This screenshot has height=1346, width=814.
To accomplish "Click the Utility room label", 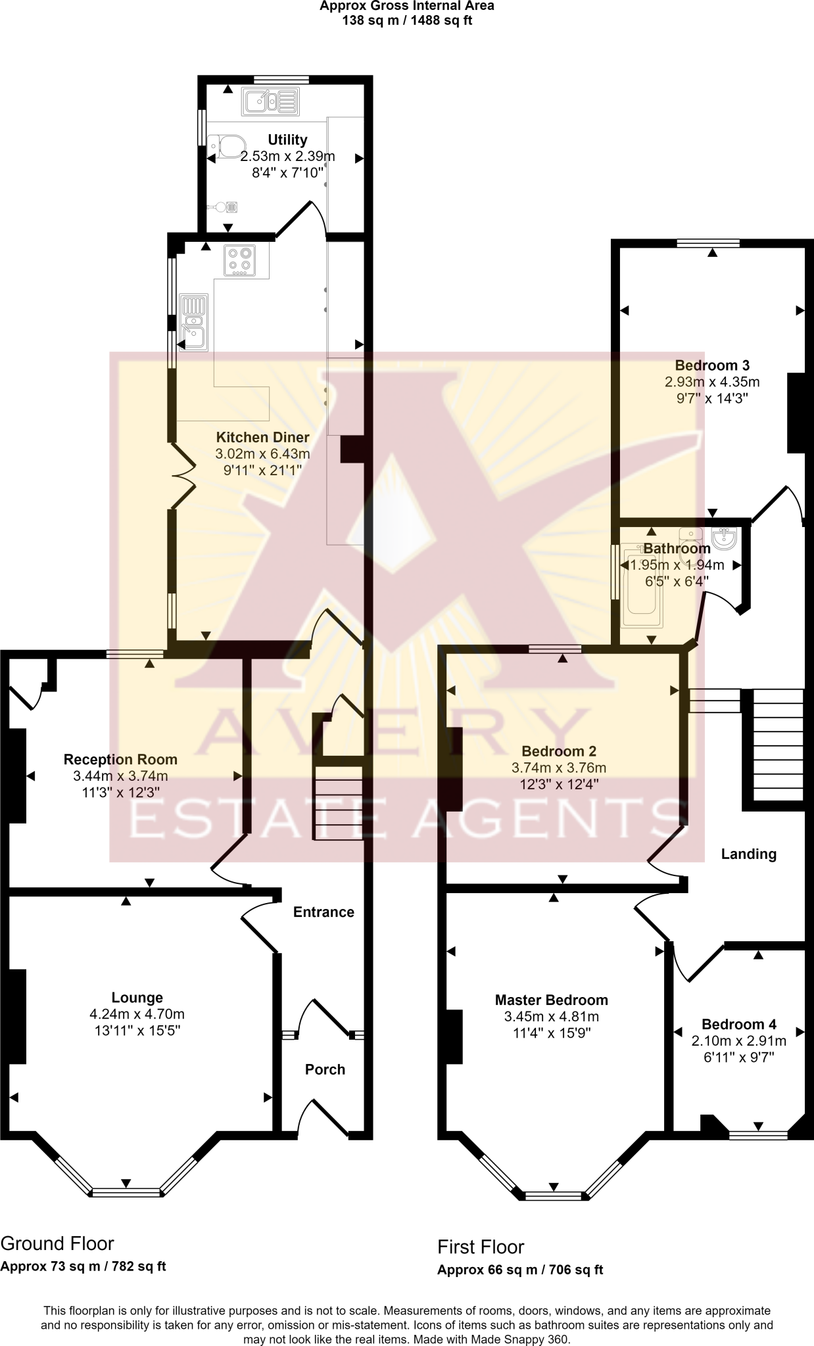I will (x=287, y=140).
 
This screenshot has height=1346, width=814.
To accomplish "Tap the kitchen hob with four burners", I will (x=240, y=261).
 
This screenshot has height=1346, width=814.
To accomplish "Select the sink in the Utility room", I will (x=270, y=103).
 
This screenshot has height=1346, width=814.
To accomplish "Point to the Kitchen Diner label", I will (x=262, y=437).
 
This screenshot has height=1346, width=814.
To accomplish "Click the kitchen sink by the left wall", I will (x=194, y=322).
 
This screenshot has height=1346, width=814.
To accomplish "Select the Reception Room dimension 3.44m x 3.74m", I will (x=120, y=776).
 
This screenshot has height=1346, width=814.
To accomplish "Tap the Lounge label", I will (x=137, y=998).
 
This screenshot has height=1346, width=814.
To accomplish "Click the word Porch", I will (x=325, y=1069).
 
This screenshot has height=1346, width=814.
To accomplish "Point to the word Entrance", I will (x=323, y=912).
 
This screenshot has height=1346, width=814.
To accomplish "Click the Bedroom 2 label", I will (x=558, y=751).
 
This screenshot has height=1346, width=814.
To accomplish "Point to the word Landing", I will (x=748, y=854).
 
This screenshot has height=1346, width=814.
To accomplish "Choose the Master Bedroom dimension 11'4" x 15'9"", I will (x=552, y=1033).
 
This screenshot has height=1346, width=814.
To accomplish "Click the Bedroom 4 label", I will (x=738, y=1024).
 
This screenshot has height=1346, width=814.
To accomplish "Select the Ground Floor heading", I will (x=57, y=1243).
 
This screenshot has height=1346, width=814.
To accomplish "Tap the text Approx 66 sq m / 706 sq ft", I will (x=519, y=1270).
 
